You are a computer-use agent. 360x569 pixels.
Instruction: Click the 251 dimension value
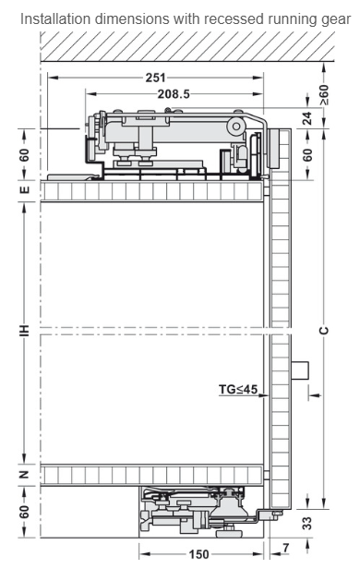(155, 78)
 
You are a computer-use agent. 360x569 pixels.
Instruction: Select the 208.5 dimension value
(174, 94)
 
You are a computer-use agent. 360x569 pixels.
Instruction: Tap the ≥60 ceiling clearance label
(325, 95)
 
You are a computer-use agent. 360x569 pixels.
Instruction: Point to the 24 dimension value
(307, 118)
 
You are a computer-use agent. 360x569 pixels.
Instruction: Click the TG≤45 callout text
(238, 390)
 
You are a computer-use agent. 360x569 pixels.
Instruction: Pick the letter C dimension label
(325, 331)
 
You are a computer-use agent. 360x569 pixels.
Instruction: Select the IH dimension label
(24, 331)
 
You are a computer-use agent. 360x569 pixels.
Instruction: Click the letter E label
(24, 189)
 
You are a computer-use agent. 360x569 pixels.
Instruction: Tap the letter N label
(24, 474)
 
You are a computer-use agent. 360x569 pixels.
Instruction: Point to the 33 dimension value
(307, 523)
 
